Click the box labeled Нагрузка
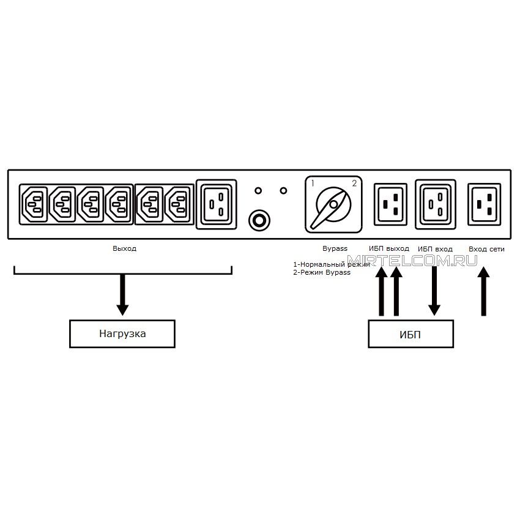122,333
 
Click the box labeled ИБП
410,334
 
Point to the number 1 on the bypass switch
313,183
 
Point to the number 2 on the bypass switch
354,183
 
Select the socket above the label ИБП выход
390,204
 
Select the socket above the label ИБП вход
436,204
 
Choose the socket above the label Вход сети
484,204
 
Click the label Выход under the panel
124,248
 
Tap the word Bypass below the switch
335,249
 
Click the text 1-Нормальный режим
332,264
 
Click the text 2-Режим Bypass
322,273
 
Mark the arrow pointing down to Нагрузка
122,295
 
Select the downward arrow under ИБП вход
434,291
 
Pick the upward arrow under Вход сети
483,291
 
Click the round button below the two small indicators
259,220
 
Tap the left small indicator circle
258,191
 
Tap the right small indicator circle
283,191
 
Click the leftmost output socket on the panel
34,204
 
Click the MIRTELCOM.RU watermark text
412,261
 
